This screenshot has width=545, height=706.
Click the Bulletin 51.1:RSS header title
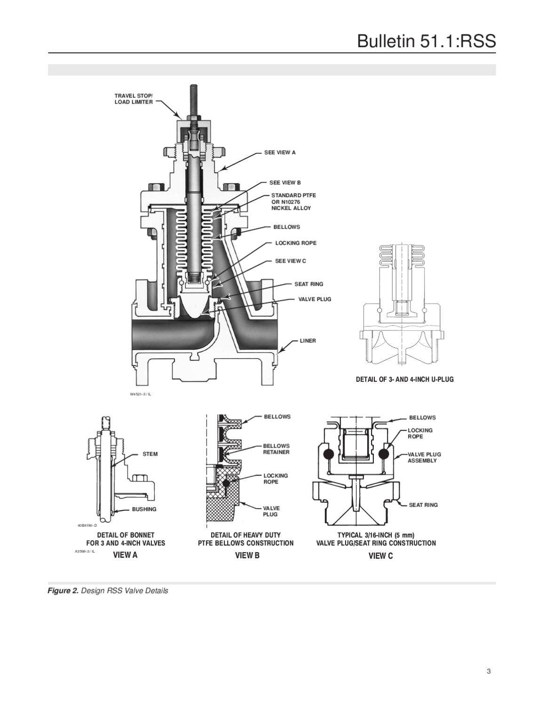[426, 41]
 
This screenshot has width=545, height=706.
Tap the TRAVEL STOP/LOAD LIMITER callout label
[134, 99]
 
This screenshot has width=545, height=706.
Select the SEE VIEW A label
[280, 152]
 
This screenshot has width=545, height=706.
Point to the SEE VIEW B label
[285, 183]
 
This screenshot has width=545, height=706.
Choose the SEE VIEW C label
[290, 261]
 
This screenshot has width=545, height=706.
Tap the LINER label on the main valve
[308, 340]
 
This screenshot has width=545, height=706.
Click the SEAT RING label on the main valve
[308, 284]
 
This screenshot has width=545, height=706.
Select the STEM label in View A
[150, 454]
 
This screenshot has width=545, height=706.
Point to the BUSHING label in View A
[144, 509]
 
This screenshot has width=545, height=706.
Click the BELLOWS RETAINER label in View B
[276, 449]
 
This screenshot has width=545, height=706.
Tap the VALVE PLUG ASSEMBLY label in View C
[424, 457]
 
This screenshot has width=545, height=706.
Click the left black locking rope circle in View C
[328, 454]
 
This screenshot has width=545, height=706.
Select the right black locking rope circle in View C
[383, 454]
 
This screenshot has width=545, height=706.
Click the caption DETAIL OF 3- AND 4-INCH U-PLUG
[404, 379]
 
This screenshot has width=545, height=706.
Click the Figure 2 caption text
[108, 591]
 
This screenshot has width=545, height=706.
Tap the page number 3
[489, 672]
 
